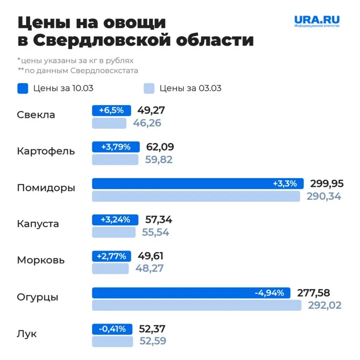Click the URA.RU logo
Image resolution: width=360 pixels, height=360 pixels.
[317, 21]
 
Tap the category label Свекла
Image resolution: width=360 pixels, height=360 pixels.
[36, 115]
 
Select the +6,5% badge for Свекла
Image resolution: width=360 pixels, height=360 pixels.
[111, 110]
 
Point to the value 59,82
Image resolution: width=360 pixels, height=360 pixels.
[158, 160]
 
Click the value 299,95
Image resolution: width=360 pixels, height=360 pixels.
[327, 184]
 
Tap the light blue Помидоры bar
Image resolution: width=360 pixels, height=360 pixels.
[196, 196]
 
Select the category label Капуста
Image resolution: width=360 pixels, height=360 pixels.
[38, 224]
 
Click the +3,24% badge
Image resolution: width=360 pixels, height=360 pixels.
[115, 220]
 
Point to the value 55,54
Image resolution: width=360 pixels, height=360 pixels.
[155, 232]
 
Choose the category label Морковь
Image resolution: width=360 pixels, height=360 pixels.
[41, 260]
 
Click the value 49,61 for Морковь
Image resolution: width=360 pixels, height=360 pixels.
[150, 256]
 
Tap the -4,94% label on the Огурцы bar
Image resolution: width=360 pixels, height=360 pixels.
[270, 293]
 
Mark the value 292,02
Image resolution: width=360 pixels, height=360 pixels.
[324, 306]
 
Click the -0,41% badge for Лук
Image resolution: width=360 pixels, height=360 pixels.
[112, 329]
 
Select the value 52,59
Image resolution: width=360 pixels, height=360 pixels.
[153, 341]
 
